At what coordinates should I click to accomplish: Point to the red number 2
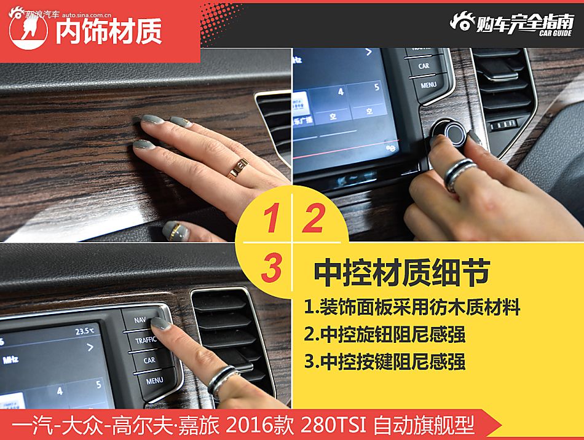click(313, 219)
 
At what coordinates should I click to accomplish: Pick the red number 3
click(270, 269)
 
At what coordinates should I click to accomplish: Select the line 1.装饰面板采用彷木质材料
click(412, 306)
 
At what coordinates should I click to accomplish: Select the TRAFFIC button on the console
click(146, 340)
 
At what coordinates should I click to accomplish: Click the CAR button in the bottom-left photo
click(149, 360)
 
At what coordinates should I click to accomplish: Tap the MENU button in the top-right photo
click(428, 85)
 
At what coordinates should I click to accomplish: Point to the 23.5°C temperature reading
click(85, 331)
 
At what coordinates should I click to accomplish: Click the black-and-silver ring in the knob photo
click(459, 173)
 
